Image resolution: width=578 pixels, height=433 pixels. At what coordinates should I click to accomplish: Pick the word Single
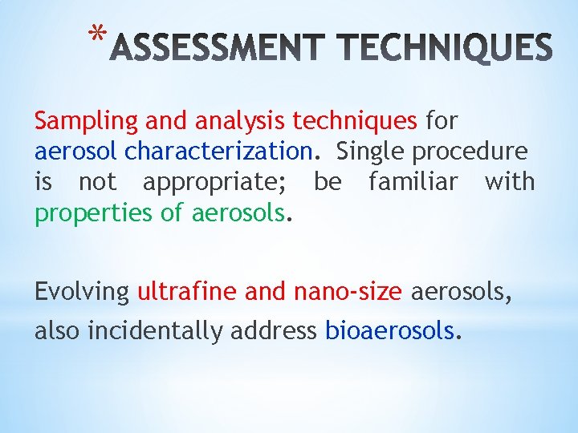370,152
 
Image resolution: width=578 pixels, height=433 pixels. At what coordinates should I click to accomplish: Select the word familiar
413,182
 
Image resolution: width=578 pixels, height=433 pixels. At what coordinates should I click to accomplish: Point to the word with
509,182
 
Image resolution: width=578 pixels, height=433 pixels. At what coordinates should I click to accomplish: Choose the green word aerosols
239,212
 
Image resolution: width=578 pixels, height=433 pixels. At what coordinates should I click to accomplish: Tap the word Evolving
82,293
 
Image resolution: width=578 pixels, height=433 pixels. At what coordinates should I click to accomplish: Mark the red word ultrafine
187,293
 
